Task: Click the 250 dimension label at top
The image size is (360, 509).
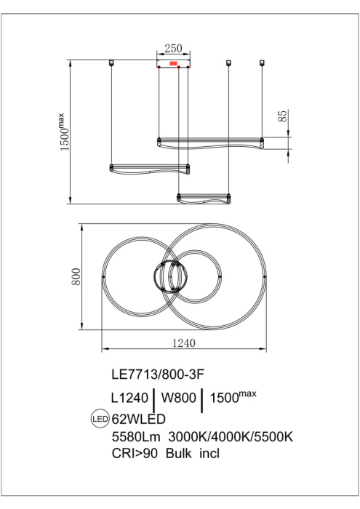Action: click(173, 49)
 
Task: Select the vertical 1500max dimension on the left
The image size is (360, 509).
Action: click(65, 131)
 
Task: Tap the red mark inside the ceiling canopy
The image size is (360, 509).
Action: click(174, 64)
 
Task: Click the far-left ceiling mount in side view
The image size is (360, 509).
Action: click(111, 63)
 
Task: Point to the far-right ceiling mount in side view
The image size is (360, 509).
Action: click(263, 63)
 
